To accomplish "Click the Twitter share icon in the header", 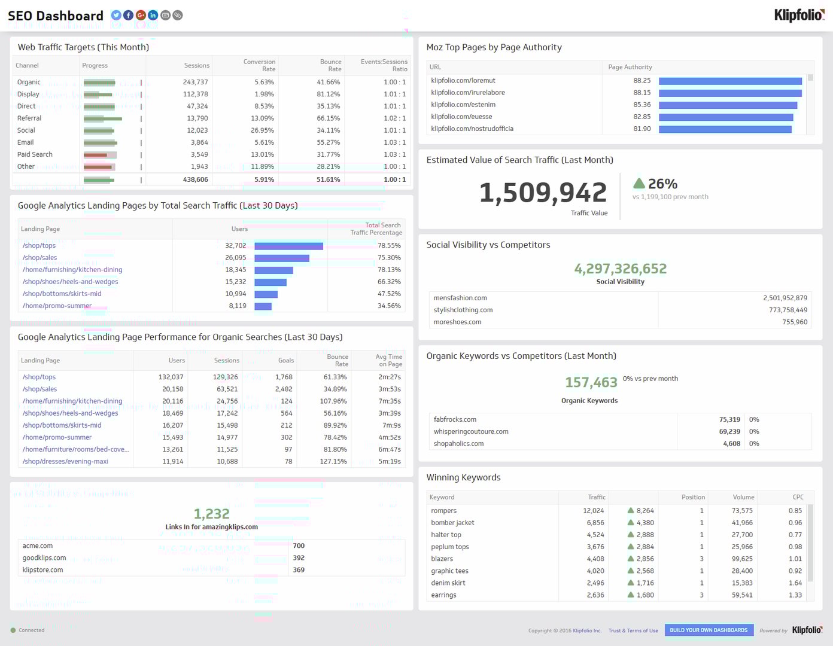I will pos(116,16).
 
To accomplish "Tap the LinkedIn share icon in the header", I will pos(153,16).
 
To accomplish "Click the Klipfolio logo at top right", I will pos(798,15).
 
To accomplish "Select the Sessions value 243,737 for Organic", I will pos(195,82).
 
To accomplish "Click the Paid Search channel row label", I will pos(35,154).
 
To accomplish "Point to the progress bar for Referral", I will pos(102,118).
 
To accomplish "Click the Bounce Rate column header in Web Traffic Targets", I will pos(330,65).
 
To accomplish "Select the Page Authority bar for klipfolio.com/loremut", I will pos(730,81).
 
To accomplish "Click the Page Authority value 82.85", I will pos(642,117).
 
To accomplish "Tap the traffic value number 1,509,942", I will pos(543,193).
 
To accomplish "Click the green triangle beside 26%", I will pos(639,184).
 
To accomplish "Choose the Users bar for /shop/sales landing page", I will pos(282,258).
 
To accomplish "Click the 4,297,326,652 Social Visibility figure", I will pos(620,269).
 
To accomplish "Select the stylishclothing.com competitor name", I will pos(463,310).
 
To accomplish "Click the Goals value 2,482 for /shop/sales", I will pos(284,389).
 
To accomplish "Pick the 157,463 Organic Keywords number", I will pos(591,382).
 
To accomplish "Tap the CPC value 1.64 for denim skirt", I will pos(795,583).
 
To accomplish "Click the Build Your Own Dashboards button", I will pos(709,630).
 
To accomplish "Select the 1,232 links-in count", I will pos(211,514).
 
